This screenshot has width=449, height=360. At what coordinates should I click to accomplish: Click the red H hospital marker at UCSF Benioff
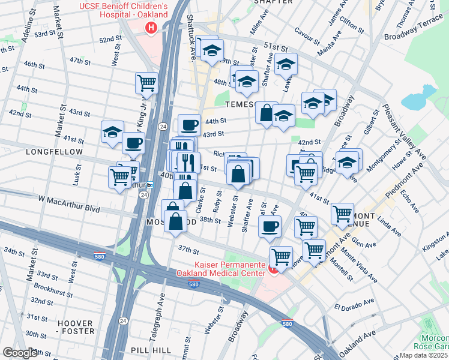click(x=151, y=28)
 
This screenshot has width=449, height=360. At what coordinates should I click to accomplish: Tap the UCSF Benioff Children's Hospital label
click(x=131, y=11)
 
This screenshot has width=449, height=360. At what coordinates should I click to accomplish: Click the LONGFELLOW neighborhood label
click(x=54, y=152)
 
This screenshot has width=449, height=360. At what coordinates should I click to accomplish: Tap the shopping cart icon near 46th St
click(x=146, y=83)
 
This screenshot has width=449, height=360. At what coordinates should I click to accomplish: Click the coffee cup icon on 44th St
click(x=189, y=124)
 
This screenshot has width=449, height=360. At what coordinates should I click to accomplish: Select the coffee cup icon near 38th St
click(x=270, y=226)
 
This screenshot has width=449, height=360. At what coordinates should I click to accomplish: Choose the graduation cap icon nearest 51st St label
click(x=286, y=64)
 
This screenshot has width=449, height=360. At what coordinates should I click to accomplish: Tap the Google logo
click(x=21, y=353)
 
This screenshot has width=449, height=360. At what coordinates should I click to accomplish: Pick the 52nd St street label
click(x=110, y=40)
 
